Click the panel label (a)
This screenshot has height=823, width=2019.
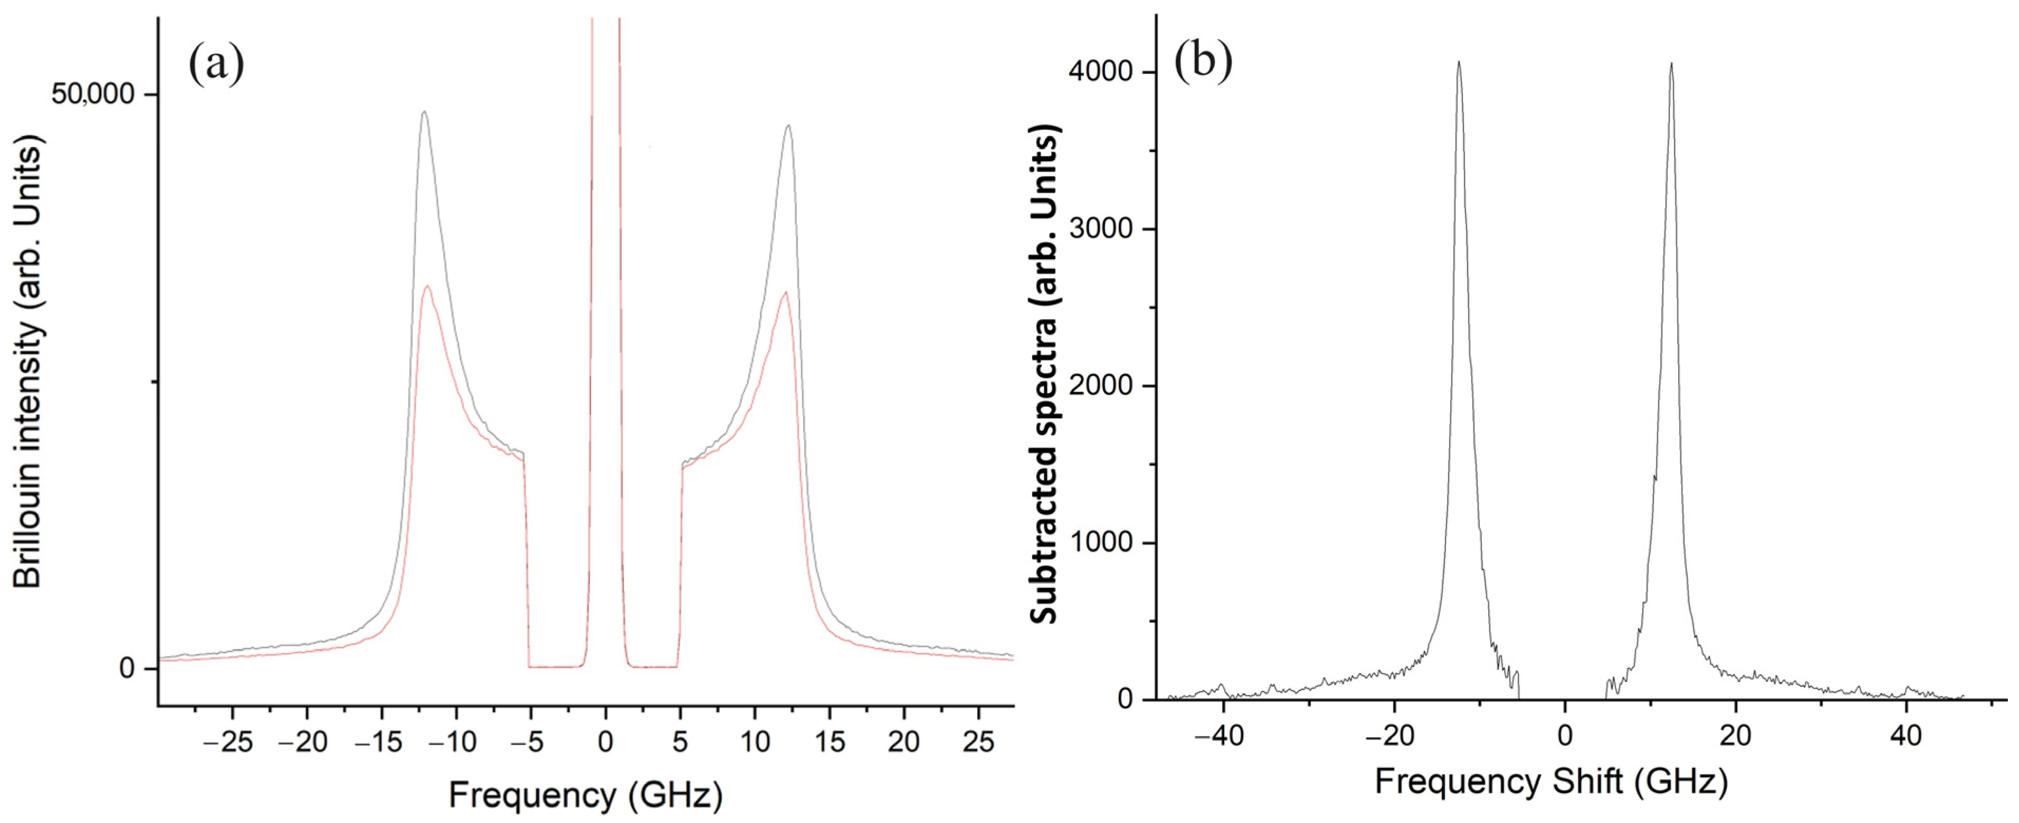tap(216, 64)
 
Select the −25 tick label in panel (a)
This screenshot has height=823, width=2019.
tap(227, 741)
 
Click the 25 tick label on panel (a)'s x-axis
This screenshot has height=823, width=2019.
tap(978, 741)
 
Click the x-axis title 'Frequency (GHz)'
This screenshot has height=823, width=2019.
tap(585, 796)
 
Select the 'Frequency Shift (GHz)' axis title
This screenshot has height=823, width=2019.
tap(1551, 782)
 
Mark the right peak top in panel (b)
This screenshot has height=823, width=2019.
tap(1671, 64)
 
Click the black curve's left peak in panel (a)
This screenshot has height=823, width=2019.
tap(424, 112)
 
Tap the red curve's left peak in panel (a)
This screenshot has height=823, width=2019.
tap(427, 286)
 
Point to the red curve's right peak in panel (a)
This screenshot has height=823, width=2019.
tap(785, 293)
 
